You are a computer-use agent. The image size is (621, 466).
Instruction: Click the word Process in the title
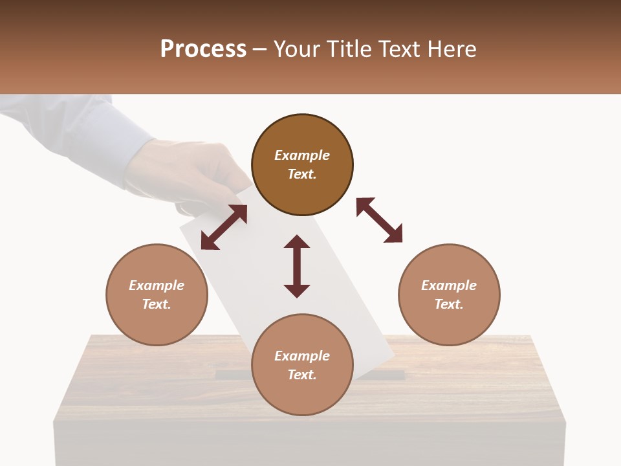click(x=203, y=49)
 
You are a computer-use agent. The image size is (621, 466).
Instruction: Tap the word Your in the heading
click(x=297, y=49)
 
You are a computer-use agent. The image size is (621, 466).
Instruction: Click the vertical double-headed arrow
click(x=297, y=266)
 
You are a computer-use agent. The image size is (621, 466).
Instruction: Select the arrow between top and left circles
click(x=224, y=227)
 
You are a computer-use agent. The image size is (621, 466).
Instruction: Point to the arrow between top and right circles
click(x=380, y=220)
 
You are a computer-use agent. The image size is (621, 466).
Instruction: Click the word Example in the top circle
click(x=302, y=155)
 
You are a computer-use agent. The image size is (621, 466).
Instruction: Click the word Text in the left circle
click(x=157, y=304)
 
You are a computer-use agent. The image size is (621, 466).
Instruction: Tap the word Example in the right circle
click(x=449, y=285)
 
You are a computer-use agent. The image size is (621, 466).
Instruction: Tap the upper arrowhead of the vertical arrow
click(x=297, y=243)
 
